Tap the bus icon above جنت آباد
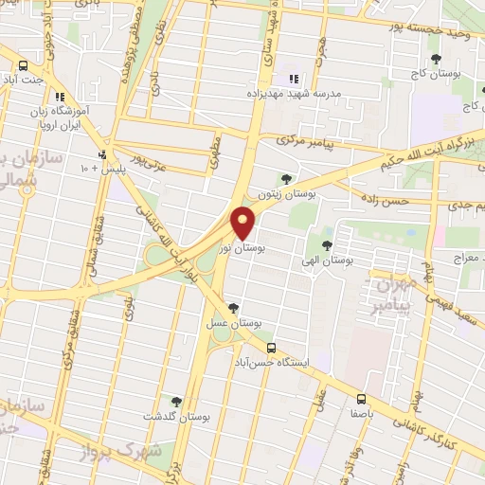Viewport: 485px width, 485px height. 24,65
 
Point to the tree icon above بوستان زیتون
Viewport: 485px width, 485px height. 287,177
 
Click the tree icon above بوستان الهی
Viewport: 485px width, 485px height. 328,245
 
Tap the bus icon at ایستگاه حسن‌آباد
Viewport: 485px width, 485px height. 271,348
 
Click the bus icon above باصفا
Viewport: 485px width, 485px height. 361,399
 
